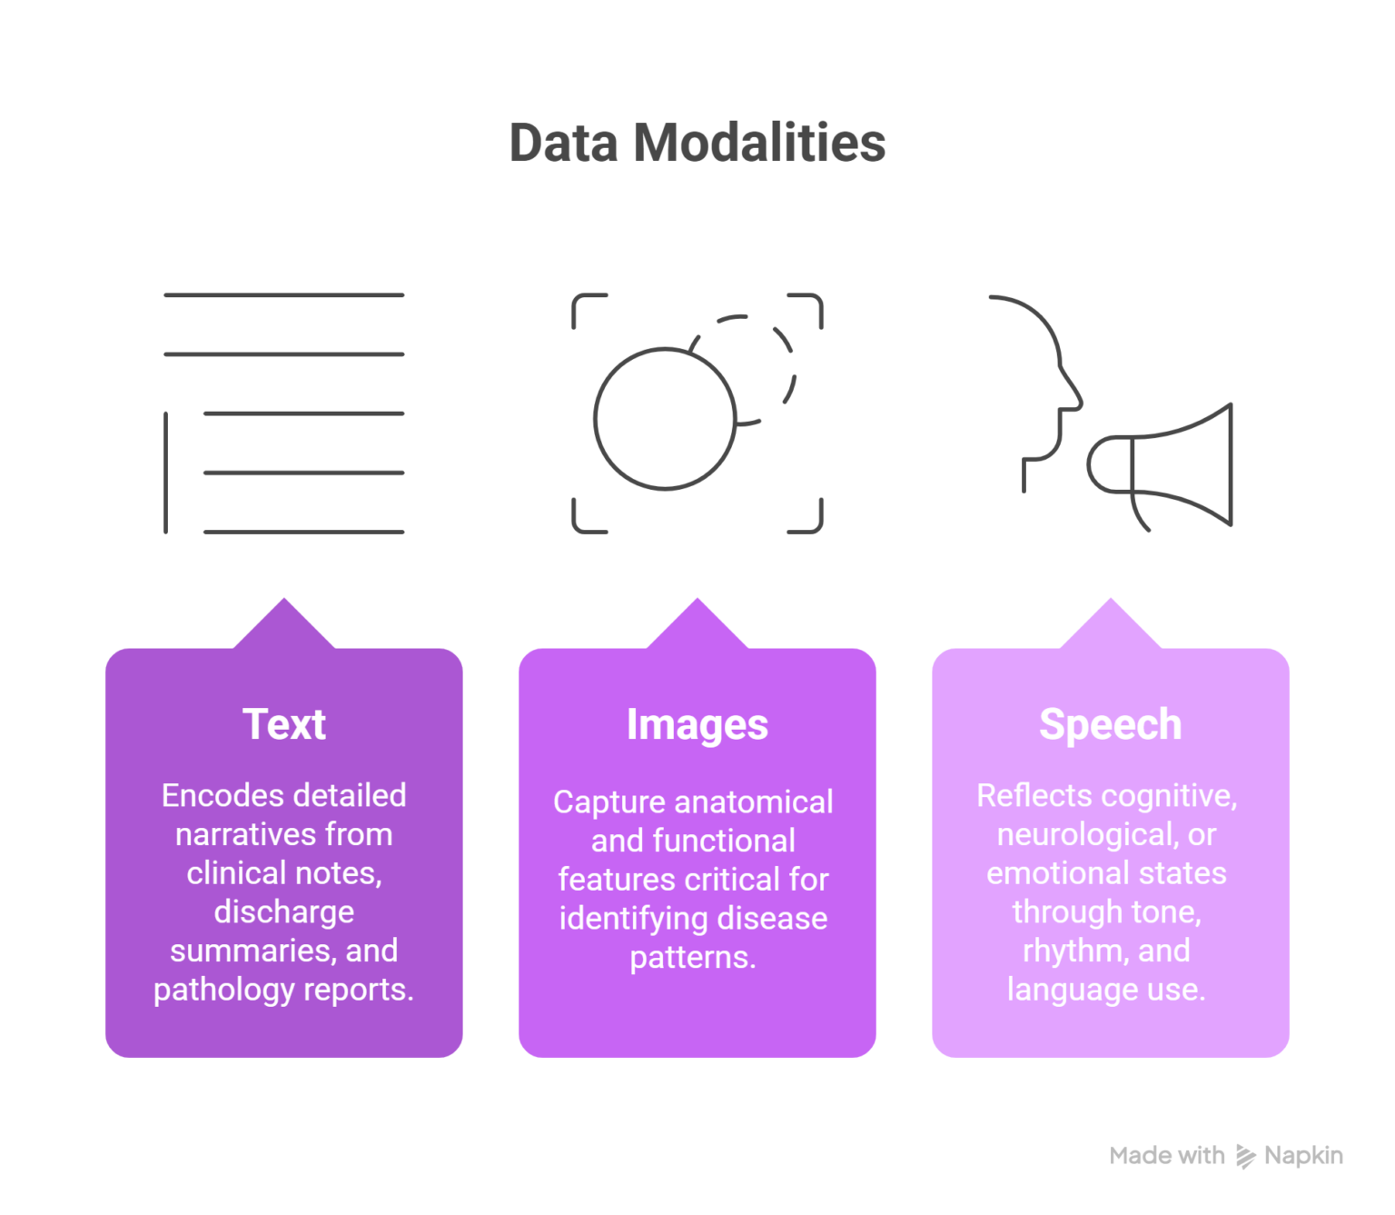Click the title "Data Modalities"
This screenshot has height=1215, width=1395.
(697, 143)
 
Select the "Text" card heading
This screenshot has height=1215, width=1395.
(283, 724)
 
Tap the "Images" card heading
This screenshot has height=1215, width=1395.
(697, 724)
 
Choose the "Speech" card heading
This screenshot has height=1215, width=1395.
(1110, 724)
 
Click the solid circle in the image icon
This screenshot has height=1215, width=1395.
(664, 419)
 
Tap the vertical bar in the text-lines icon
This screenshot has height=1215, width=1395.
(165, 473)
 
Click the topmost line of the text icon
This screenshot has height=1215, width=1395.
(283, 295)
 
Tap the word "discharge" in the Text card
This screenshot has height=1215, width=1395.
(283, 911)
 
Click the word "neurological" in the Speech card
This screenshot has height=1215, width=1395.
(1087, 834)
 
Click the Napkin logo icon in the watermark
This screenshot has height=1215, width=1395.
(1245, 1156)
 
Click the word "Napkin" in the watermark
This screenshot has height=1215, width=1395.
(1303, 1156)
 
